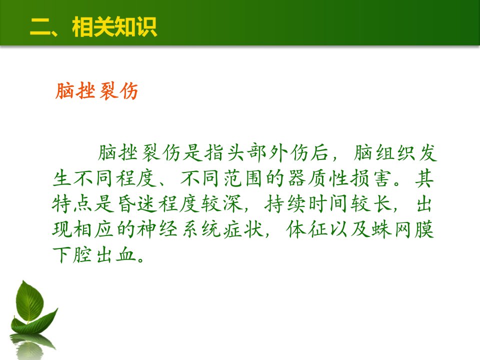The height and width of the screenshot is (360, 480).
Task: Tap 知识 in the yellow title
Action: coord(136,27)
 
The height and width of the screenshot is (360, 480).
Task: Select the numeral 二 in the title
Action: coord(40,27)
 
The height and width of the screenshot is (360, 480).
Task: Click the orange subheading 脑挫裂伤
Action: coord(96,91)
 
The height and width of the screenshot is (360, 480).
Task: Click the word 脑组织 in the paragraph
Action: coord(384,152)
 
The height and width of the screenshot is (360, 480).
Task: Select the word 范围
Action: coord(242,178)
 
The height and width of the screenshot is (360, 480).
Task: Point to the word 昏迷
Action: coord(136,204)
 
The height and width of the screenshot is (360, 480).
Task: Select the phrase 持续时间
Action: coord(306,204)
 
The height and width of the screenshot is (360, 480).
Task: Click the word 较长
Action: coord(371,204)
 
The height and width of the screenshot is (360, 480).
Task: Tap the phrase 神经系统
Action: coord(178,229)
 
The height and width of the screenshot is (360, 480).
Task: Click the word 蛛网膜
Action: coord(402,229)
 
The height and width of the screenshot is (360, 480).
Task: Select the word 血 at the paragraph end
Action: coord(126,254)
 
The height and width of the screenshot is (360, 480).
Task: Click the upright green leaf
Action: coord(29,302)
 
